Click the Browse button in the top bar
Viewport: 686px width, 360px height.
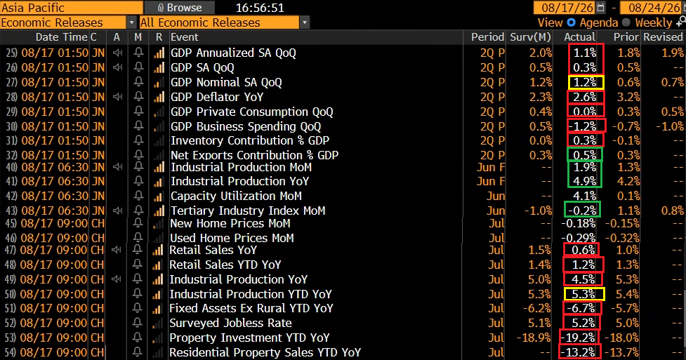coord(179,8)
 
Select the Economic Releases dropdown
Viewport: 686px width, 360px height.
coord(69,22)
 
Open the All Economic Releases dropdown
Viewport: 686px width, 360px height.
coord(225,22)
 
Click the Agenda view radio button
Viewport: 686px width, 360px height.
coord(572,22)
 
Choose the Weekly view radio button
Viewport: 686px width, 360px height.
coord(626,22)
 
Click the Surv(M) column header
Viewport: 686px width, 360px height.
coord(530,37)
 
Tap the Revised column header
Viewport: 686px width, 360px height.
coord(663,37)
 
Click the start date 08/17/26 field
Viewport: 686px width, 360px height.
coord(567,8)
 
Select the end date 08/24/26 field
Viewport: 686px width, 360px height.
coord(654,8)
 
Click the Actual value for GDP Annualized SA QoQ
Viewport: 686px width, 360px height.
coord(585,53)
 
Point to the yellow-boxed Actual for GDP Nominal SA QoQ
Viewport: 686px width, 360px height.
coord(586,82)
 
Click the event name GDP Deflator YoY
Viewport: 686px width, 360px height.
coord(217,97)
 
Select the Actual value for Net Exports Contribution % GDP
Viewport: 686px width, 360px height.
coord(585,155)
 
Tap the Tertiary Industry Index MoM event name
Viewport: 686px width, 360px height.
coord(248,211)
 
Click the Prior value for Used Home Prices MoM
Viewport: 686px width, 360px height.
coord(621,238)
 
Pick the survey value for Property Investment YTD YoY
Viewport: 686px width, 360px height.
coord(534,338)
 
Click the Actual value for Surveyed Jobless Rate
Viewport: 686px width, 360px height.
coord(583,323)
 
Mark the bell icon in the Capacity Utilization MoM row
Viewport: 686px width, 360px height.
coord(139,196)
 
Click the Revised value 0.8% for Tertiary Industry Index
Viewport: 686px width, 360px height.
coord(673,211)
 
